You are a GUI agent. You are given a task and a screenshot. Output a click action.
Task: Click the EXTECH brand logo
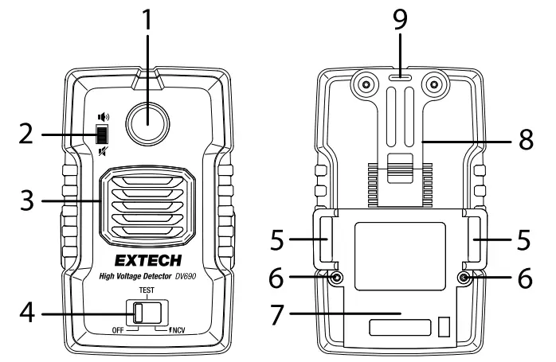(x=147, y=260)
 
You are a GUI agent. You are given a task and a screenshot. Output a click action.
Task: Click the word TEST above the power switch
(x=147, y=292)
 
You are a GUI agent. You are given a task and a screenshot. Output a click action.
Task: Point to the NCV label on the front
(x=179, y=329)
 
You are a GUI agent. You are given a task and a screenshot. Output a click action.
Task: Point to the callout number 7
(x=275, y=314)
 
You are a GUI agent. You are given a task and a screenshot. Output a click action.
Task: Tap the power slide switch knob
(x=139, y=313)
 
